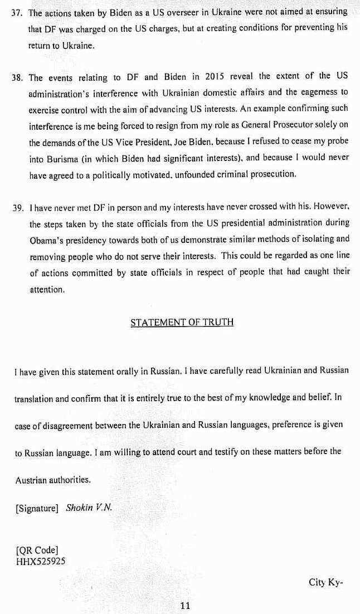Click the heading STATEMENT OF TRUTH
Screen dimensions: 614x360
click(182, 323)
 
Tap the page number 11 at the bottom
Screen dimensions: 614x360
click(186, 606)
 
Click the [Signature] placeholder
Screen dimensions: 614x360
click(37, 508)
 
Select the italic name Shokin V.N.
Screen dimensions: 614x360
click(89, 508)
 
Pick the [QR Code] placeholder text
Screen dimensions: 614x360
click(37, 551)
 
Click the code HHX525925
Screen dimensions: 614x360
click(41, 561)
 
